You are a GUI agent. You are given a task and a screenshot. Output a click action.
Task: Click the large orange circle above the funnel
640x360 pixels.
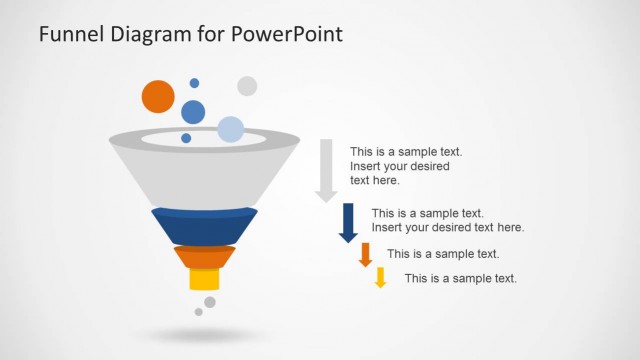click(x=158, y=97)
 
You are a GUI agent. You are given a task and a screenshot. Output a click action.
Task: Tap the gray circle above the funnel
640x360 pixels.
click(x=247, y=86)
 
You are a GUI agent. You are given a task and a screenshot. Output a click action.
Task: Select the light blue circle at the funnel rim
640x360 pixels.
click(x=231, y=129)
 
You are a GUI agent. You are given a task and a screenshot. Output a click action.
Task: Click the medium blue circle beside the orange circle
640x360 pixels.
click(x=193, y=111)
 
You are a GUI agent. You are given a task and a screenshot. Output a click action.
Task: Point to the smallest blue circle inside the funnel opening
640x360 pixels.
click(x=186, y=138)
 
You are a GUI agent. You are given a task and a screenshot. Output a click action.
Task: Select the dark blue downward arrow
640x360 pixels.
click(x=348, y=222)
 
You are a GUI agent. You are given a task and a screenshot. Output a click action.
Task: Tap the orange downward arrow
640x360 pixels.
click(x=365, y=254)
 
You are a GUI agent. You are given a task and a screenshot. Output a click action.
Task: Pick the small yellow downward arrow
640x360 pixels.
click(x=380, y=277)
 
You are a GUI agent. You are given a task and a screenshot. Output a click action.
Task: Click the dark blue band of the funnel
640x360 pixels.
click(x=204, y=226)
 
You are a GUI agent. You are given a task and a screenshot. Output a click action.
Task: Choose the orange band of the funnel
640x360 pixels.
click(x=204, y=257)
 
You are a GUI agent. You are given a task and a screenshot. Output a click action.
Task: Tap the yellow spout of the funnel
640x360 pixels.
click(x=204, y=279)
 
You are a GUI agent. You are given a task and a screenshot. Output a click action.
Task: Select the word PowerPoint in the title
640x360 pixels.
click(x=289, y=34)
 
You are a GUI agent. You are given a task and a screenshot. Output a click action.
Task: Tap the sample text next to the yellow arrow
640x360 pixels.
click(x=460, y=278)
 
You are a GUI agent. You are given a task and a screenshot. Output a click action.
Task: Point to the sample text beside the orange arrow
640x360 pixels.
click(x=443, y=254)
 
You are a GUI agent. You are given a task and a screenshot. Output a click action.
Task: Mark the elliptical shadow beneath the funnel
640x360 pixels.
click(x=204, y=334)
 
